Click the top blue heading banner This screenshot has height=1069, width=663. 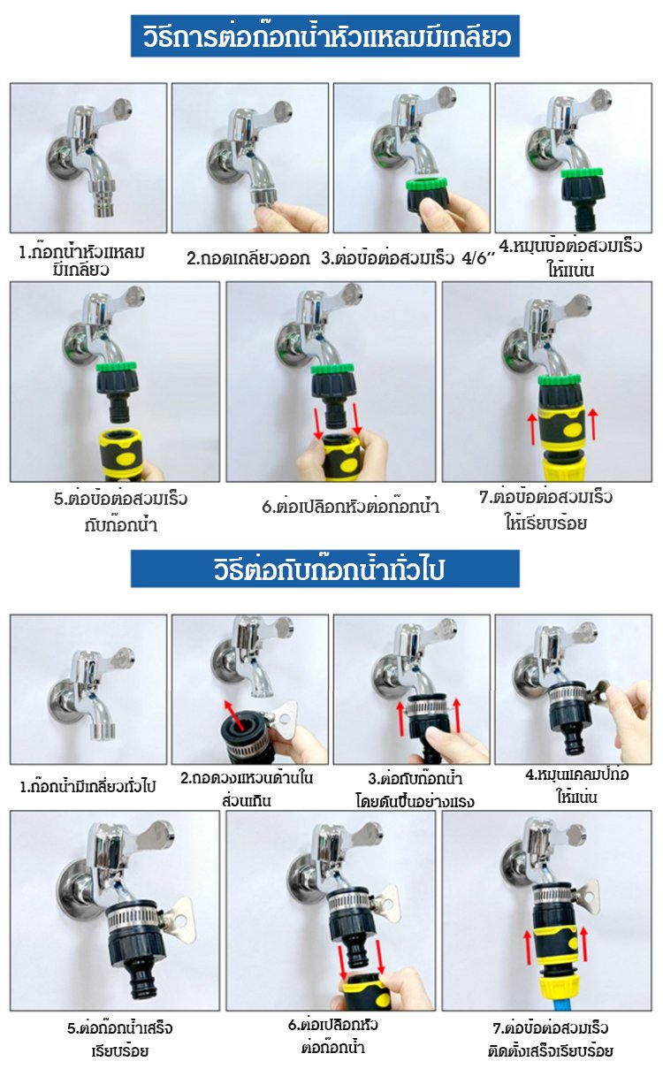click(x=324, y=35)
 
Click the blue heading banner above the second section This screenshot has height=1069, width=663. click(x=324, y=569)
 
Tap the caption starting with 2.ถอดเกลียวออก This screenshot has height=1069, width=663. click(x=248, y=258)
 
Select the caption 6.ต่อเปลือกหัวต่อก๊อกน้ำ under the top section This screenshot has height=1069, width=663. click(x=351, y=507)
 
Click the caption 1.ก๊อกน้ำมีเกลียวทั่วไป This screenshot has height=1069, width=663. click(x=88, y=786)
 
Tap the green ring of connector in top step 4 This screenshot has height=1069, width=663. click(x=582, y=172)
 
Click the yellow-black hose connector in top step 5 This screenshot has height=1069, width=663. click(x=122, y=454)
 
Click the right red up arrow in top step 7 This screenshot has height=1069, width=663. click(x=593, y=424)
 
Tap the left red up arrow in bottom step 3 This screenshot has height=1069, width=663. click(x=401, y=718)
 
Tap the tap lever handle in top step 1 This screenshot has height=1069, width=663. click(x=118, y=111)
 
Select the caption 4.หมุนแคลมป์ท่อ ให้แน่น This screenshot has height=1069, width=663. click(x=576, y=785)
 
